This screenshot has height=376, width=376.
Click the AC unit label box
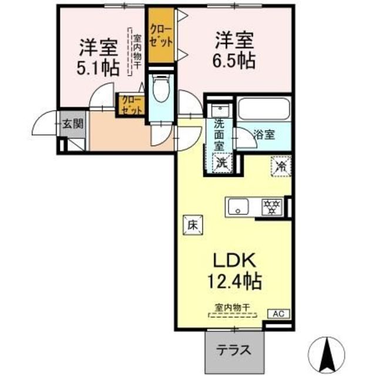tap(278, 314)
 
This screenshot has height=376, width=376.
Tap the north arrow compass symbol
tap(327, 354)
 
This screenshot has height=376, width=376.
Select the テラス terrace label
tap(234, 351)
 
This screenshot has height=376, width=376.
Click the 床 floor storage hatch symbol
tap(193, 225)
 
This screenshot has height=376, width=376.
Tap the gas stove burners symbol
tap(273, 207)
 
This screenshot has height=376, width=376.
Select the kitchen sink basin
tap(238, 207)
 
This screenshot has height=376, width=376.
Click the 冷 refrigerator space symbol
tap(281, 166)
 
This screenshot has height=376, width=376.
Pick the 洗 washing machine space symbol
tap(222, 163)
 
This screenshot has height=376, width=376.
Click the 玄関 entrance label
tap(73, 124)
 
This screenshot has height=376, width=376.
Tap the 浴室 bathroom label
tap(264, 135)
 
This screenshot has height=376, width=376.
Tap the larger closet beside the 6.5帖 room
tap(161, 36)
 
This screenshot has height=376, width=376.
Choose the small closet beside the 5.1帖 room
tap(131, 105)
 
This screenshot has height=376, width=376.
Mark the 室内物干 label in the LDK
tap(233, 307)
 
